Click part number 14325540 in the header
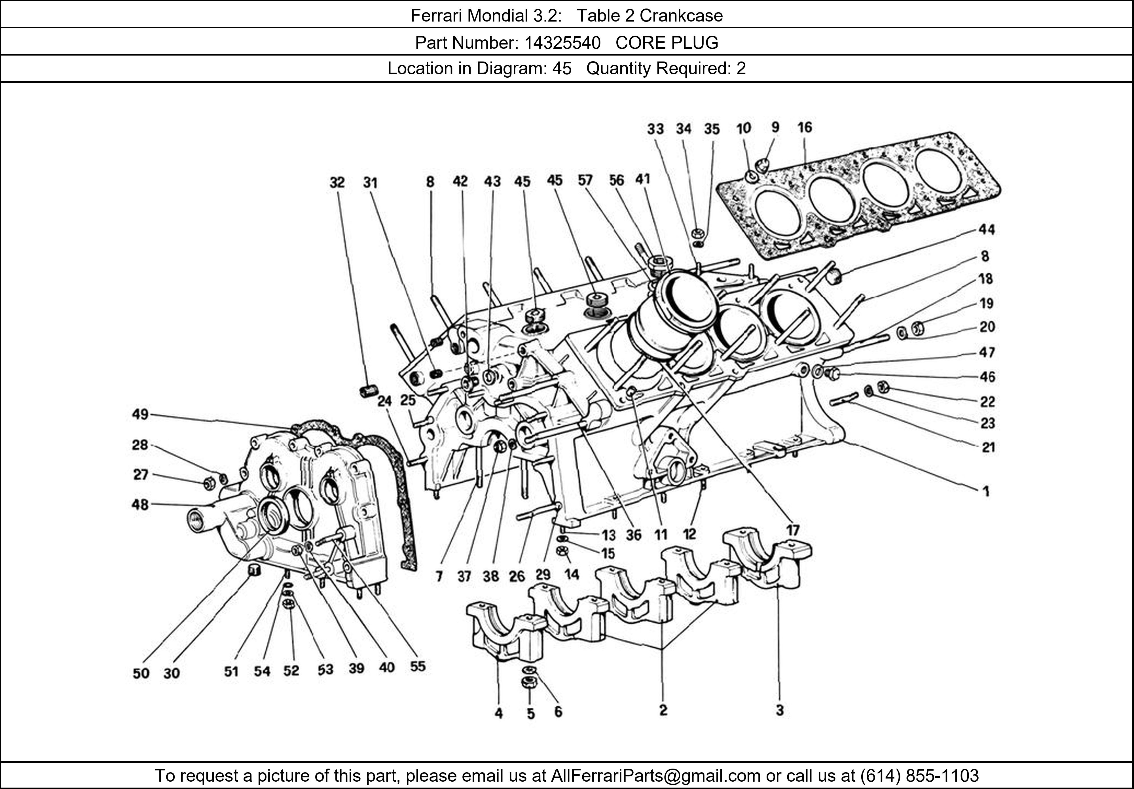coord(562,43)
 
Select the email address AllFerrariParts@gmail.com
coord(655,776)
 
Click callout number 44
coord(986,230)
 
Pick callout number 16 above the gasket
coord(805,128)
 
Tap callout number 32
coord(337,183)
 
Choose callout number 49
coord(140,414)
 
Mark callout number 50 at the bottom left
coord(141,673)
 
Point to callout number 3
coord(779,710)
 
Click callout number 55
coord(417,667)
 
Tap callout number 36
coord(633,535)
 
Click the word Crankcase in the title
coord(681,16)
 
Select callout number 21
coord(987,447)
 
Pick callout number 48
coord(140,505)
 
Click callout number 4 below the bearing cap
coord(499,713)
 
